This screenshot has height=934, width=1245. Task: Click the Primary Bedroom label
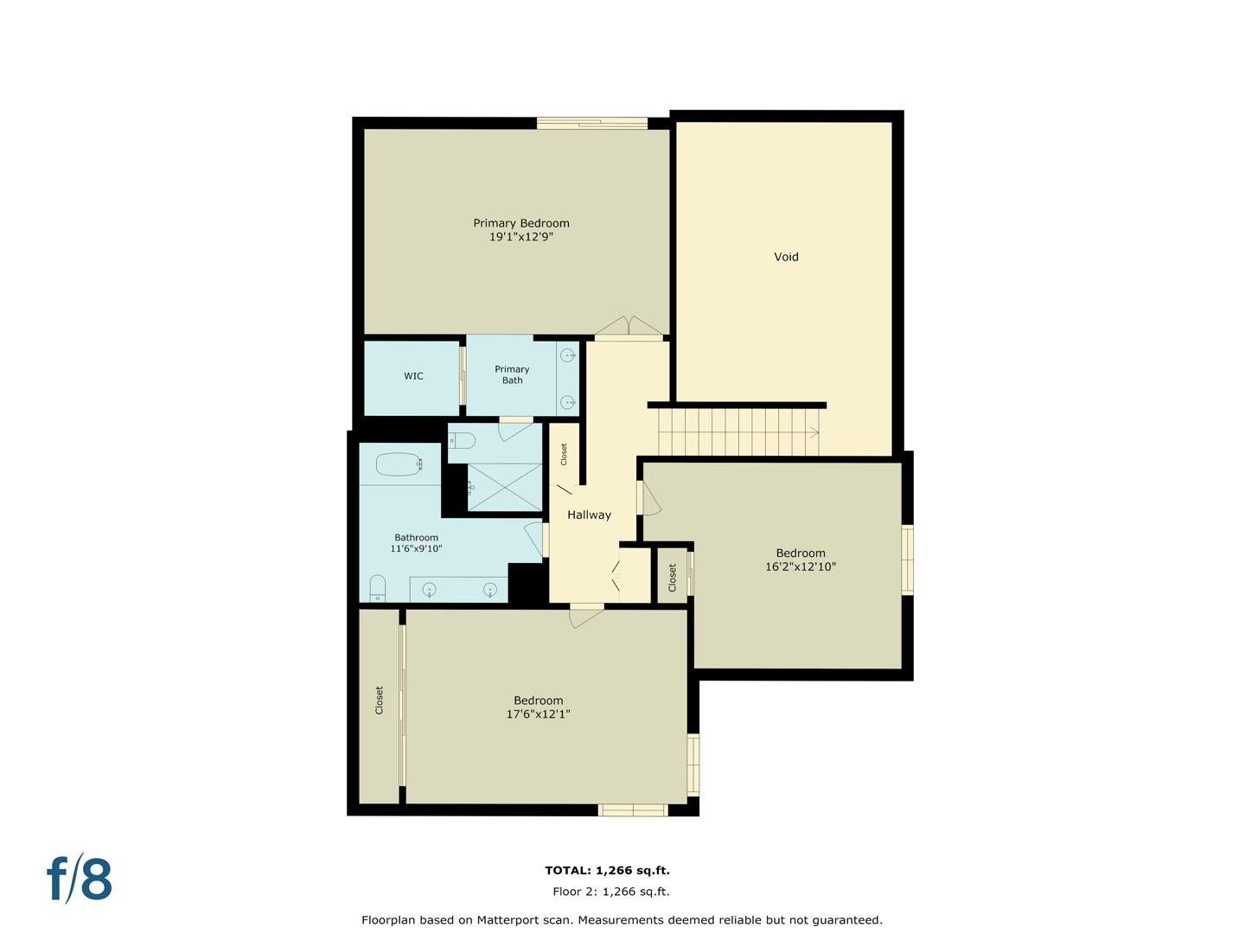tap(520, 223)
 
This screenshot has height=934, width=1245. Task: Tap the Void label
tap(786, 257)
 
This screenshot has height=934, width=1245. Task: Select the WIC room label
tap(413, 376)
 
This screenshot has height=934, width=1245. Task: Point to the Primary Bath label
tap(512, 374)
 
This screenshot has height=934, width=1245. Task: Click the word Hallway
tap(589, 515)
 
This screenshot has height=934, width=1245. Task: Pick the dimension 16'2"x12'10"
tap(800, 567)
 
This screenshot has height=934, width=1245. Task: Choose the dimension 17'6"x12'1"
tap(538, 714)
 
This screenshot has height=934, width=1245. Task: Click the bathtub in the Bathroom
tap(399, 464)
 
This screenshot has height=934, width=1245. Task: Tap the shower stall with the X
tap(504, 487)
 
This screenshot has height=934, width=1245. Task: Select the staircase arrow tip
tap(814, 432)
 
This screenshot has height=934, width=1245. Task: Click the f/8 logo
tap(80, 879)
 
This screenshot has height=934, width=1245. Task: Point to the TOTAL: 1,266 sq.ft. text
tap(607, 871)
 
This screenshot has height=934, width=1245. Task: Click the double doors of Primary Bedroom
tap(629, 327)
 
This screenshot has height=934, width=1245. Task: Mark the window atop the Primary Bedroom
tap(592, 123)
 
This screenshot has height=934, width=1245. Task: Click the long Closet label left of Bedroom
tap(379, 700)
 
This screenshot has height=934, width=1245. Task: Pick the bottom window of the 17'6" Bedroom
tap(633, 810)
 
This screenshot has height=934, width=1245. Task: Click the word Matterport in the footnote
tap(514, 920)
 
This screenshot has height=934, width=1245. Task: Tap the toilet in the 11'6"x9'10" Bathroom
tap(377, 588)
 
